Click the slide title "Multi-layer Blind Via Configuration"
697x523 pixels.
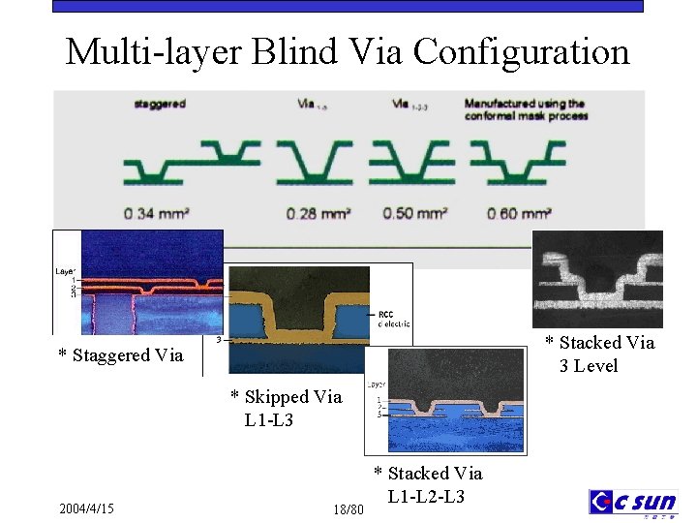coord(348,50)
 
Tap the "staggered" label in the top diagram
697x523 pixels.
coord(160,103)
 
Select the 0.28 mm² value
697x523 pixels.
coord(318,212)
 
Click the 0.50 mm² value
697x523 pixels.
coord(414,212)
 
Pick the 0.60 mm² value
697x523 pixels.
coord(519,212)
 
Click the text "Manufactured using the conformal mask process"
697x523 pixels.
coord(526,109)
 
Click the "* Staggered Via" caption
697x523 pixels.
coord(120,355)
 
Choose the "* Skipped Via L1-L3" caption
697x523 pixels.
coord(286,408)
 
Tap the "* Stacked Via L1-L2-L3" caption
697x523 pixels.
coord(428,484)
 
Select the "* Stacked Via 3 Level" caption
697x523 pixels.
coord(599,354)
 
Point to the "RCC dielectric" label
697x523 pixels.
coord(392,319)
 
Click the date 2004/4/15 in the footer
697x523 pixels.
coord(86,508)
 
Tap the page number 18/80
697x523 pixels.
coord(348,508)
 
